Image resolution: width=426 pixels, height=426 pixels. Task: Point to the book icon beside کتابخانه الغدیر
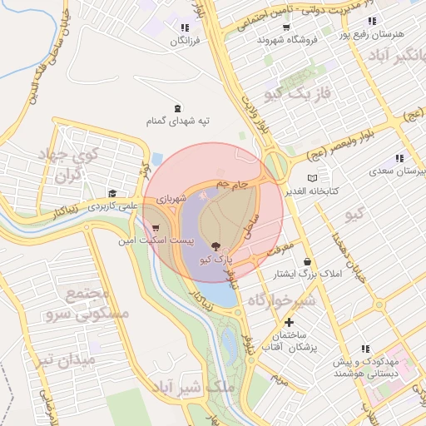312,178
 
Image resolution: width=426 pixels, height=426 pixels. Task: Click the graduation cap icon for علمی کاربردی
112,192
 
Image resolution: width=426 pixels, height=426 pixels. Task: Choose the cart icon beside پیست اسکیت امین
156,227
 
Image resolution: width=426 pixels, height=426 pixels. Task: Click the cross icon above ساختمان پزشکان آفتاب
289,322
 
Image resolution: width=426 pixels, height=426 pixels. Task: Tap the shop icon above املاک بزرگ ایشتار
308,261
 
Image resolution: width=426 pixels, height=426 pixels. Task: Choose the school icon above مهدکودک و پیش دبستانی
364,349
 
